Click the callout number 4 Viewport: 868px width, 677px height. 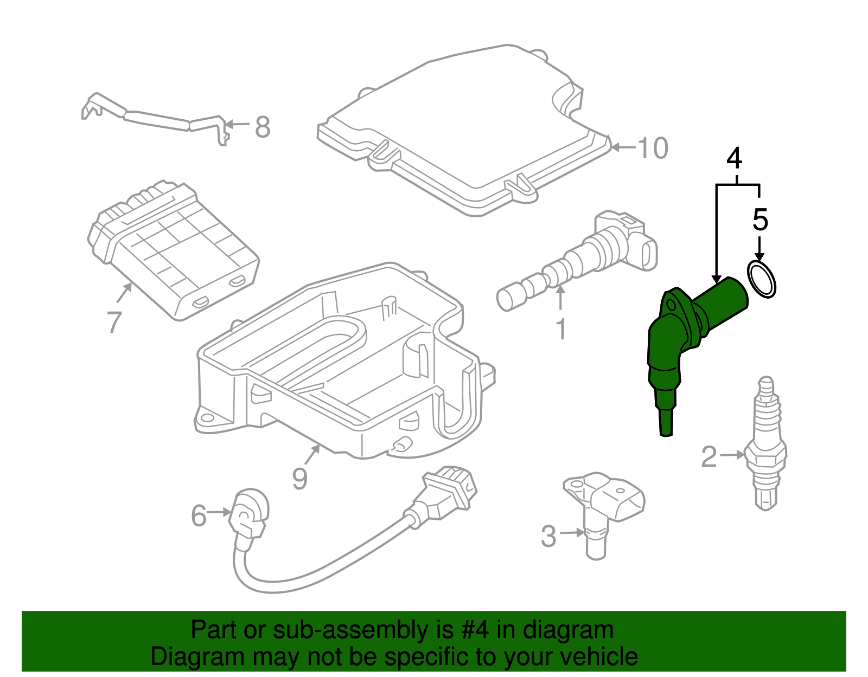click(x=735, y=158)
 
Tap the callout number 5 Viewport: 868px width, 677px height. click(x=761, y=220)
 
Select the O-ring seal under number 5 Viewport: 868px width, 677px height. click(x=762, y=279)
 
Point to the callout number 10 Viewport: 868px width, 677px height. click(x=653, y=147)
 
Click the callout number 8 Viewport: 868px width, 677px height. click(x=263, y=128)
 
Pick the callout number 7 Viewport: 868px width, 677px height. click(x=114, y=321)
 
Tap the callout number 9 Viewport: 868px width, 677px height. click(x=299, y=478)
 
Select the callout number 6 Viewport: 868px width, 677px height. click(x=199, y=515)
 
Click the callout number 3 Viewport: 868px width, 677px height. click(x=548, y=536)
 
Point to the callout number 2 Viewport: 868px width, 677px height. click(x=709, y=457)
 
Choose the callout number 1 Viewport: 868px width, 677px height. click(x=561, y=329)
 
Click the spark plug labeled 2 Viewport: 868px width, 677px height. click(x=765, y=444)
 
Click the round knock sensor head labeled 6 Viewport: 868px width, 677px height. click(x=249, y=512)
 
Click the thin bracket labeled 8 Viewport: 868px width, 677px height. click(x=157, y=118)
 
